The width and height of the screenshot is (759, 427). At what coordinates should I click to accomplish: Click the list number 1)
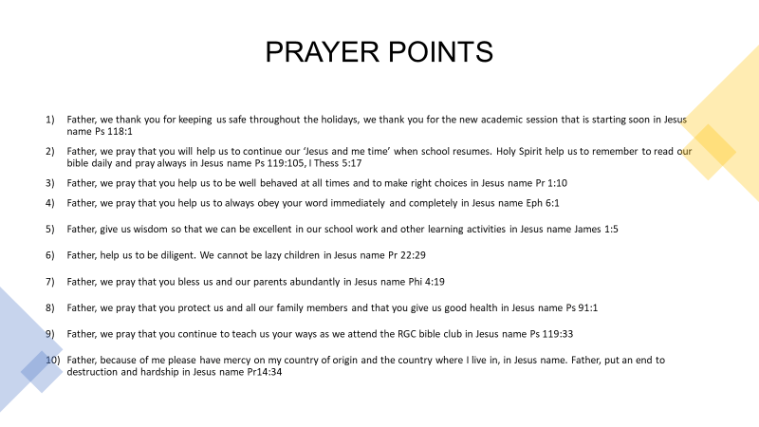[50, 120]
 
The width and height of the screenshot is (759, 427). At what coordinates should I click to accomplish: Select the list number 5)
[50, 229]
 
